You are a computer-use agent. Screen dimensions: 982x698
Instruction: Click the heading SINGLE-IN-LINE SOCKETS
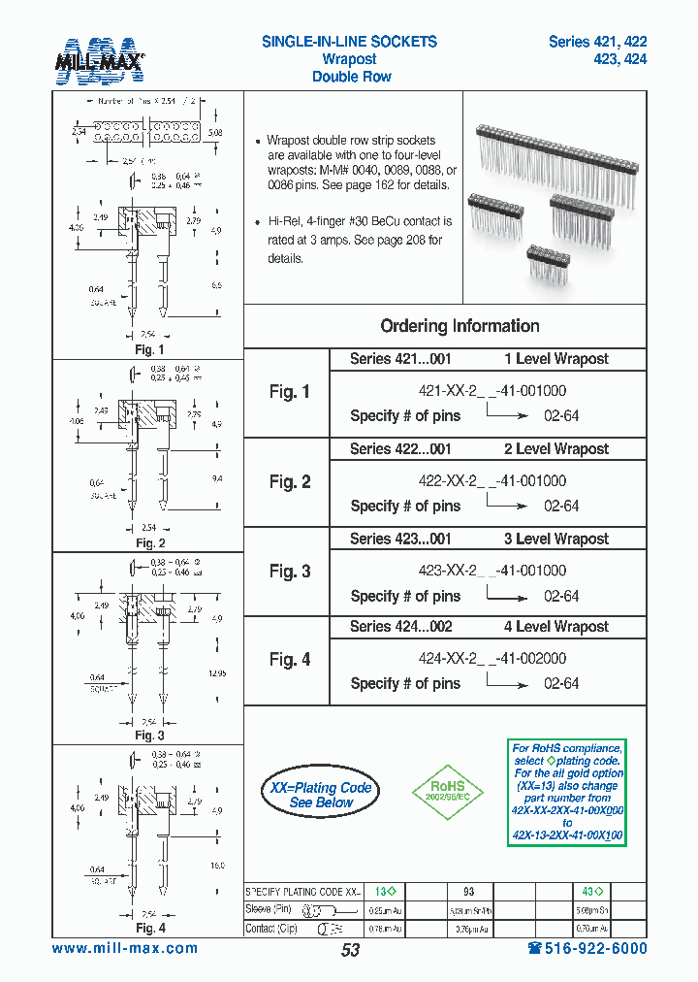pos(349,42)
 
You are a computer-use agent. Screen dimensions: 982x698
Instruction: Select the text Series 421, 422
pos(597,42)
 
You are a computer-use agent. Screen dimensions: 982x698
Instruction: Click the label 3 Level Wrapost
pos(555,539)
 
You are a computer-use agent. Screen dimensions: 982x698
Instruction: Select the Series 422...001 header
pos(400,449)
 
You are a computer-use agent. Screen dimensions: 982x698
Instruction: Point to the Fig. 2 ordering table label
pos(290,482)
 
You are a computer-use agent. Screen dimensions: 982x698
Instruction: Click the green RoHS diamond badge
pos(448,788)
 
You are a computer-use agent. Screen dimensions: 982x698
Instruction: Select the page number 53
pos(350,950)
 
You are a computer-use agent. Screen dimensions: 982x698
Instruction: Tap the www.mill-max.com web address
pos(125,949)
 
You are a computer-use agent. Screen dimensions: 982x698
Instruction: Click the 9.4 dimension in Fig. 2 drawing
pos(216,478)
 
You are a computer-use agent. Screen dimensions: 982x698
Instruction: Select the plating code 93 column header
pos(468,891)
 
